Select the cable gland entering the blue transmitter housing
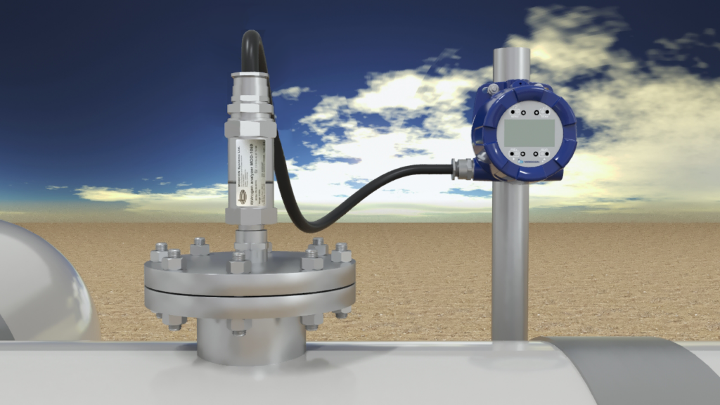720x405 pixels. [x=463, y=168]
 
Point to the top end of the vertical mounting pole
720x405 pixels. [x=511, y=51]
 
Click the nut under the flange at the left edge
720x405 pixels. [x=173, y=321]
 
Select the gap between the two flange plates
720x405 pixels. [x=250, y=290]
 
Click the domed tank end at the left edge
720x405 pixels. [x=39, y=281]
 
